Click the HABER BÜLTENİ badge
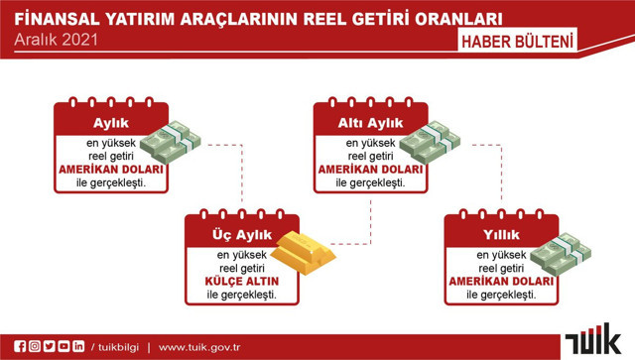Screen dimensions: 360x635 click(x=518, y=41)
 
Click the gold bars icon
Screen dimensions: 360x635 click(x=304, y=250)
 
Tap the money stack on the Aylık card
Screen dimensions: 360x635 click(x=170, y=141)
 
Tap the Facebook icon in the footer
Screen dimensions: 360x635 click(x=19, y=346)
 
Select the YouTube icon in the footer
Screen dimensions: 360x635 click(x=63, y=346)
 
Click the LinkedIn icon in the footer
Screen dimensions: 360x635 click(x=78, y=346)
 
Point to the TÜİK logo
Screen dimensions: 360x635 click(x=592, y=340)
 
